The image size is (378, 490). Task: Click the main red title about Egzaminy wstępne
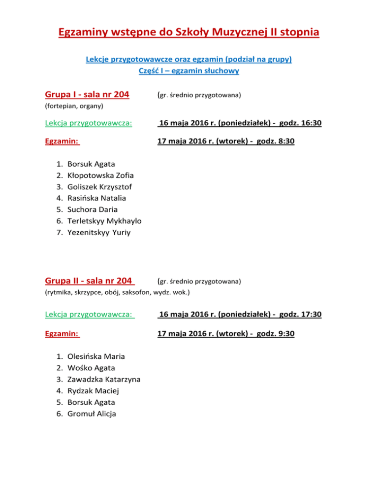coord(189,33)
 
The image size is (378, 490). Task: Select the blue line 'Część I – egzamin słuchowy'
coord(189,71)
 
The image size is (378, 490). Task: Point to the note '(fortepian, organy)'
coord(74,106)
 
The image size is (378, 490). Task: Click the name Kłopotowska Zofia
coord(100,175)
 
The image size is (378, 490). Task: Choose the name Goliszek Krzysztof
coord(99,186)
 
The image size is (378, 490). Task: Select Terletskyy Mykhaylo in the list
coord(105,221)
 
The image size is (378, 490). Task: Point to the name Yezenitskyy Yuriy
coord(99,232)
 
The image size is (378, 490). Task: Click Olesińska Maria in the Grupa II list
coord(96,356)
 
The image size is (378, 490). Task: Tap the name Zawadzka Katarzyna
coord(104,380)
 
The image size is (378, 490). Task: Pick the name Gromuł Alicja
coord(92,414)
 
